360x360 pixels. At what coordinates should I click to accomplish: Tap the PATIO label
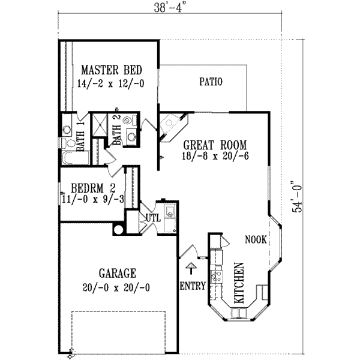pos(211,82)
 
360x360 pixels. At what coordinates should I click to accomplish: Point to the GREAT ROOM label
pos(207,145)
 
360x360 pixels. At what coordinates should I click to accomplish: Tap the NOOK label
pos(256,239)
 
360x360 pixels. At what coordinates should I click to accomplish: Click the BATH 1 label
pos(80,145)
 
